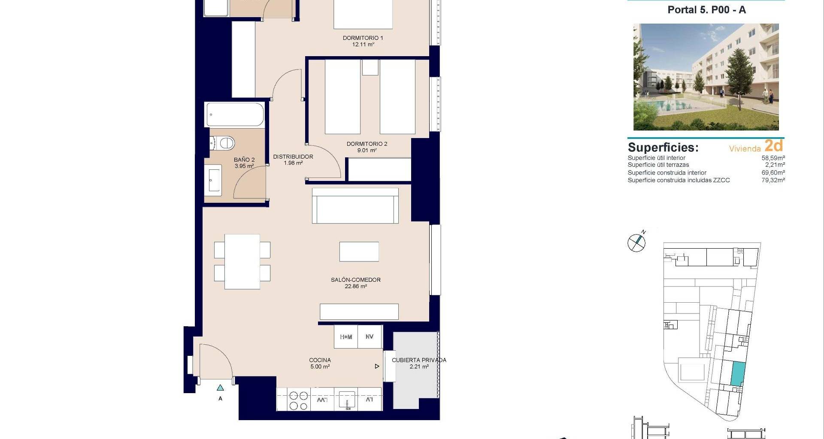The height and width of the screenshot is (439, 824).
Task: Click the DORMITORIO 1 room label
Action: (x=363, y=38)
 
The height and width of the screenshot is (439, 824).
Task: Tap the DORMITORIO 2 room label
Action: (x=367, y=144)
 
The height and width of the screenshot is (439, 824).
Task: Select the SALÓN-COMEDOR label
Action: (x=355, y=280)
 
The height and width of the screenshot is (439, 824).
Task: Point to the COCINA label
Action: (x=320, y=360)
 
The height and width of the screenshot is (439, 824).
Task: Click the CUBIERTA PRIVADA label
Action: (x=419, y=360)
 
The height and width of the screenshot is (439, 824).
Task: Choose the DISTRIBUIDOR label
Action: (x=293, y=157)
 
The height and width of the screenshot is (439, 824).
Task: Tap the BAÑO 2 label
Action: (x=244, y=160)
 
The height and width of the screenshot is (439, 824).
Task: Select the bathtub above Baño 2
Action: (x=235, y=114)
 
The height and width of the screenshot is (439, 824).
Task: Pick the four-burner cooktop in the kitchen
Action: (x=298, y=400)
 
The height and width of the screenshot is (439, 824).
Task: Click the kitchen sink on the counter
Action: (x=347, y=400)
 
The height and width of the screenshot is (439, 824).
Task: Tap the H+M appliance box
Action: (x=346, y=337)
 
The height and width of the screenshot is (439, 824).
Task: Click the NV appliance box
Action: (x=370, y=337)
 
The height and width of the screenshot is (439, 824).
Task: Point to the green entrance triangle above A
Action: (x=220, y=388)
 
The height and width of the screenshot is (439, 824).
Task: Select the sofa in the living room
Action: (x=355, y=205)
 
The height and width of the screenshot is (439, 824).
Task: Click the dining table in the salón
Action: (x=242, y=262)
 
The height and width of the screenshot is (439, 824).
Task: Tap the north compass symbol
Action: (x=636, y=243)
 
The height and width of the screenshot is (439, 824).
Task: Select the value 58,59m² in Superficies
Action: (x=773, y=158)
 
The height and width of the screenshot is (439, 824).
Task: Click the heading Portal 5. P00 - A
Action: (x=707, y=10)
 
